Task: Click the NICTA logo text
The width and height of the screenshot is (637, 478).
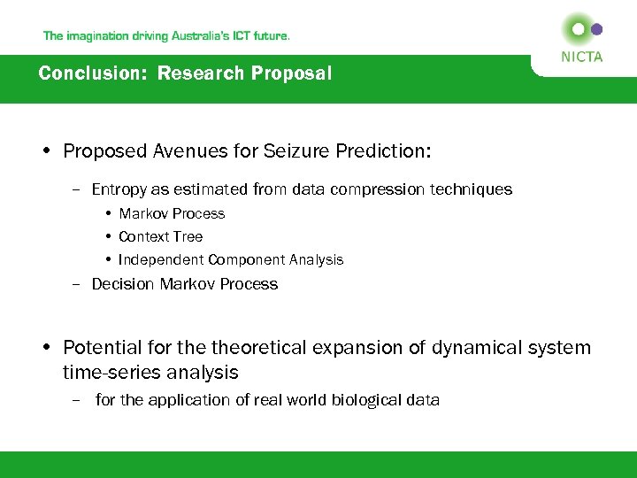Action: click(x=581, y=57)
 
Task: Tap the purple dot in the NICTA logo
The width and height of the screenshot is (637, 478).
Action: click(x=596, y=29)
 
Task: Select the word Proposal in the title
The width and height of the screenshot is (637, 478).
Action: click(x=291, y=73)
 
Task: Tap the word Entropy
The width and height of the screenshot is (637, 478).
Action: click(x=119, y=189)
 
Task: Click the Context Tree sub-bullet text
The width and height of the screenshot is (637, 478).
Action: click(x=160, y=236)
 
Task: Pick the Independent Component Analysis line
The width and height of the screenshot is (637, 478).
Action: click(x=230, y=259)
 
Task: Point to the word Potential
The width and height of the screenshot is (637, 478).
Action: click(x=101, y=348)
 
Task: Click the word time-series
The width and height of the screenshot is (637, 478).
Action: click(x=107, y=373)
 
